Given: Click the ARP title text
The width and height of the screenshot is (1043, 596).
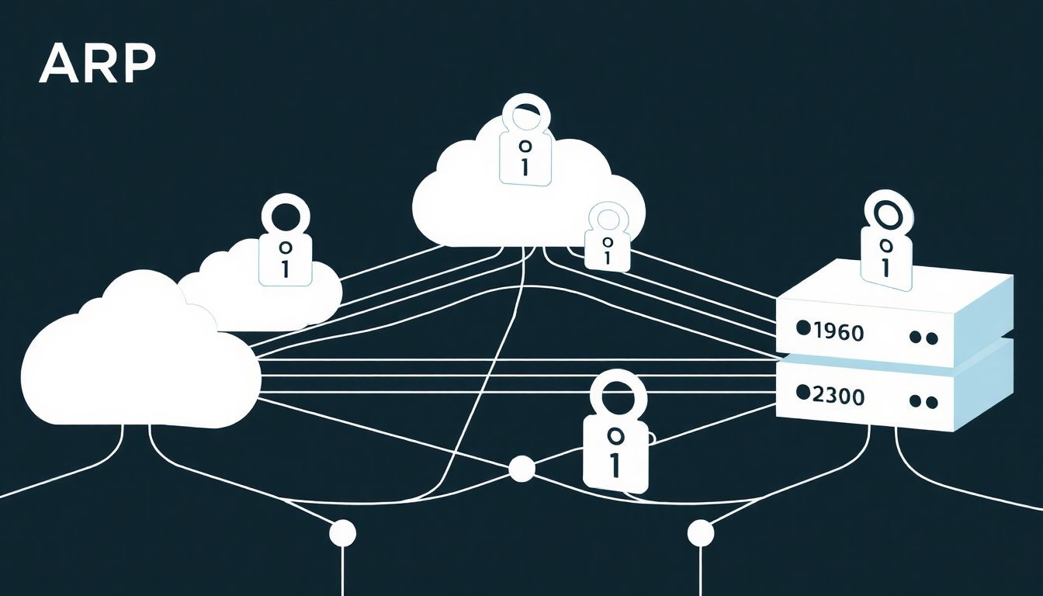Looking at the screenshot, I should pos(97,64).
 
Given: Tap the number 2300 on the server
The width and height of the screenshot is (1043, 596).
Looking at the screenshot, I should pos(838,397).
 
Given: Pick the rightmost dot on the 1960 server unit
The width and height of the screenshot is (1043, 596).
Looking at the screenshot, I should pos(933,338).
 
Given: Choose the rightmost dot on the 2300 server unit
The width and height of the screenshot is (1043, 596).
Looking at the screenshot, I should pos(933,402).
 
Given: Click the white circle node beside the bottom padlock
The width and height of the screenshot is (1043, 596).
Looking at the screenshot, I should pos(521,469).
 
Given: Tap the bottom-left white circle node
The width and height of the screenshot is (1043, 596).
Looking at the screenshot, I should pos(342,533).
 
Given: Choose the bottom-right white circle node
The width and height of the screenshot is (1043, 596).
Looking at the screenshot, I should pos(700,533).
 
